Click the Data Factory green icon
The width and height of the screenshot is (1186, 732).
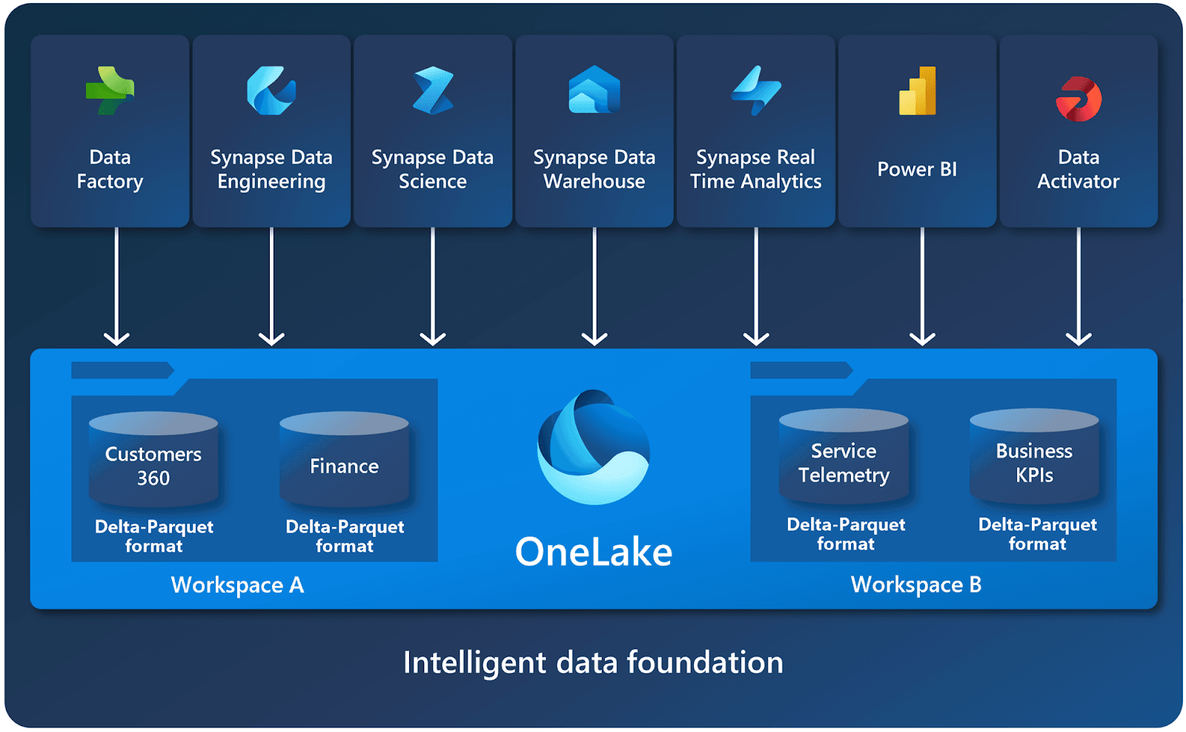110,90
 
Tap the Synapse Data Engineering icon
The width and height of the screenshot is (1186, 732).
271,90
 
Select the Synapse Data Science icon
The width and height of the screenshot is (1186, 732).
433,90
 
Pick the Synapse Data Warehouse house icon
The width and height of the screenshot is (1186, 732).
594,90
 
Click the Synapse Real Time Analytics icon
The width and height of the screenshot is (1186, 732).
756,90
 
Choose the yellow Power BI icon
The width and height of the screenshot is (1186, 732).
918,91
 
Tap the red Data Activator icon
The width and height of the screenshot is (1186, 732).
1079,99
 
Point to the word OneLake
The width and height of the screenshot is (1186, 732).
594,552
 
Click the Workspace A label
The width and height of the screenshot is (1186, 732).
237,585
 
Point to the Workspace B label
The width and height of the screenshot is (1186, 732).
916,584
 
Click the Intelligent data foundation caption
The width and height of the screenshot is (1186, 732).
593,662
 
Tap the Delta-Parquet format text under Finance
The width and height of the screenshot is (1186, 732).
345,536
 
